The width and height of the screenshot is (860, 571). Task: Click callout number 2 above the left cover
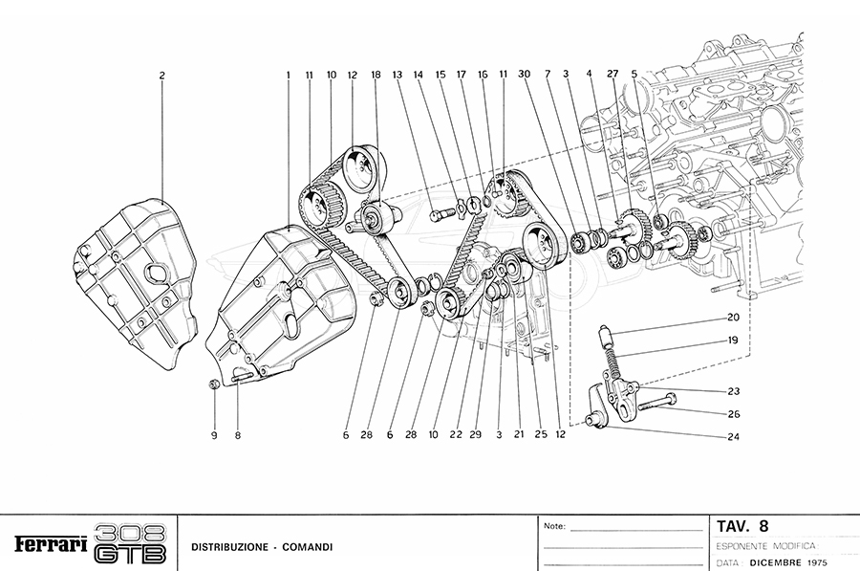point(162,75)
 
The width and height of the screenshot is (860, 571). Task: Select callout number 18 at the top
point(376,75)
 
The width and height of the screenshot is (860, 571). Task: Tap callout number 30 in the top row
point(524,75)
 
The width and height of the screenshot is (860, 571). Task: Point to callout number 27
point(613,75)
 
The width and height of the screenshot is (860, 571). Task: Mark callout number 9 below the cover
point(214,435)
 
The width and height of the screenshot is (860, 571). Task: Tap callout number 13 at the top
point(396,75)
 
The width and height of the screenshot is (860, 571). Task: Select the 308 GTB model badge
point(133,543)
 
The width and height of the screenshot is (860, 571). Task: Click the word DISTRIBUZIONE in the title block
point(228,547)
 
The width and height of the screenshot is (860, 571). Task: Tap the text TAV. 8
point(742,525)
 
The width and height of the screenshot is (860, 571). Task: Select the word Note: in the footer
point(555,526)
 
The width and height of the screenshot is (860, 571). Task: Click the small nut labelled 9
point(214,384)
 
